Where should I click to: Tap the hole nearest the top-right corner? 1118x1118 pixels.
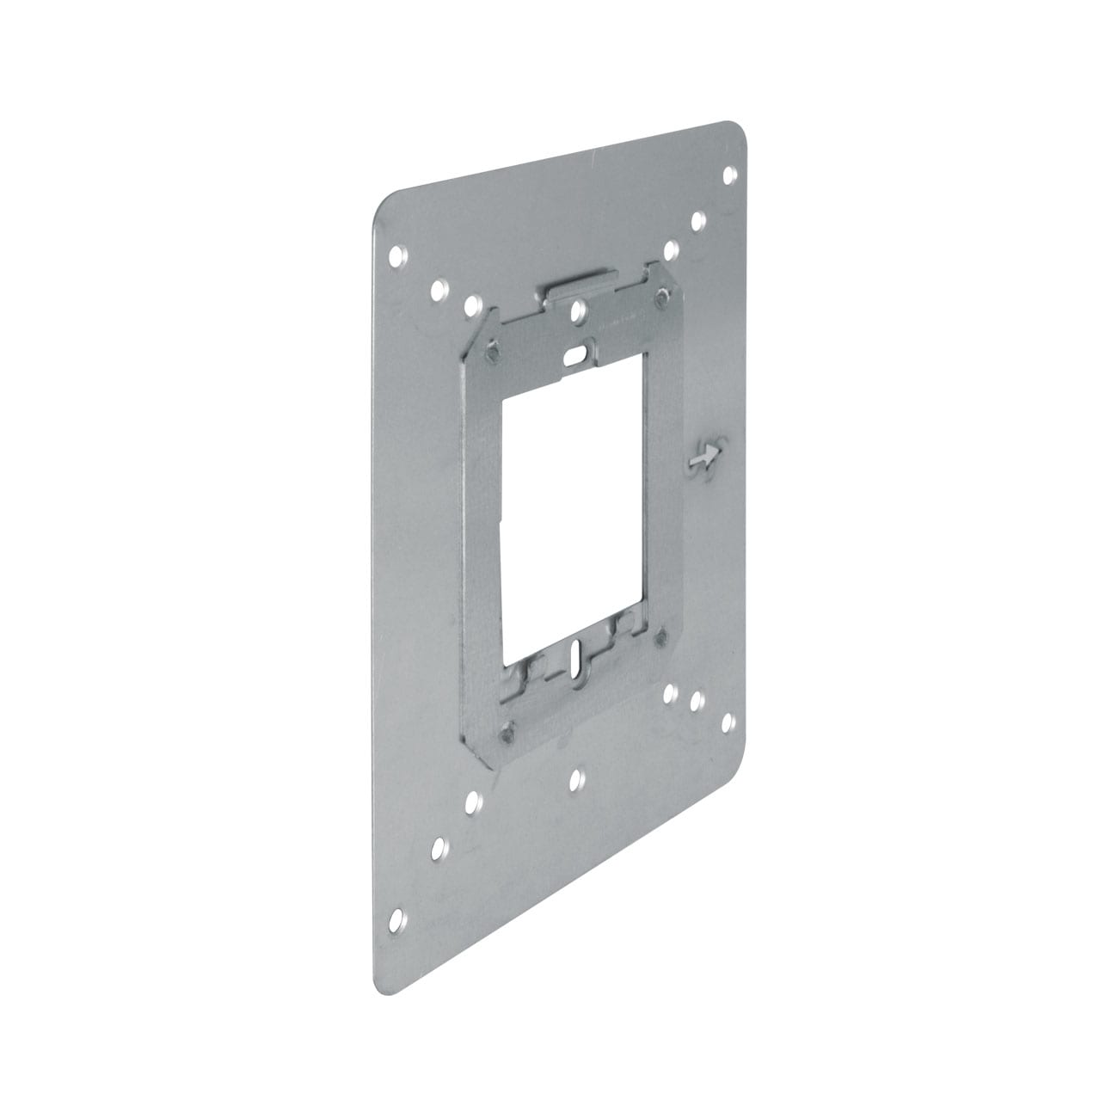pos(729,175)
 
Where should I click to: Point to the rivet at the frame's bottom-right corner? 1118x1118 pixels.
pos(660,637)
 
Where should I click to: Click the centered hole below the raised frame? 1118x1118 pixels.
pos(576,779)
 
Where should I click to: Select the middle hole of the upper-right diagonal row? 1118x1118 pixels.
pos(698,222)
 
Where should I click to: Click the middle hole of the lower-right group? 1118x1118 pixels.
pos(697,703)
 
